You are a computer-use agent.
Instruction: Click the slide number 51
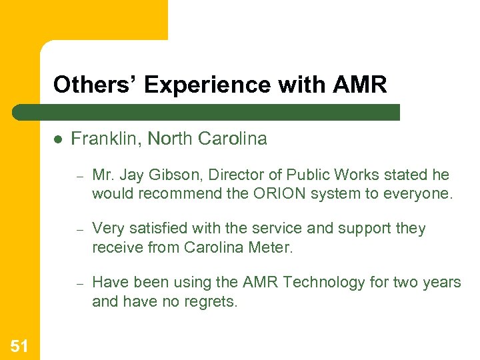[19, 345]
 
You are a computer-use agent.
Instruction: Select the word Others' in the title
[95, 85]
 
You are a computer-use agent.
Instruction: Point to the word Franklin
[106, 139]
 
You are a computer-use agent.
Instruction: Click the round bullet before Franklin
[58, 139]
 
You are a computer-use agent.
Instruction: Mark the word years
[441, 282]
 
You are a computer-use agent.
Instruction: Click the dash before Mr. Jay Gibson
[78, 176]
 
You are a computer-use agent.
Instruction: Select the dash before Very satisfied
[78, 229]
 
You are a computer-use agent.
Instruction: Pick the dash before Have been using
[78, 283]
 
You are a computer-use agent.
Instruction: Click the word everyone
[420, 193]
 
